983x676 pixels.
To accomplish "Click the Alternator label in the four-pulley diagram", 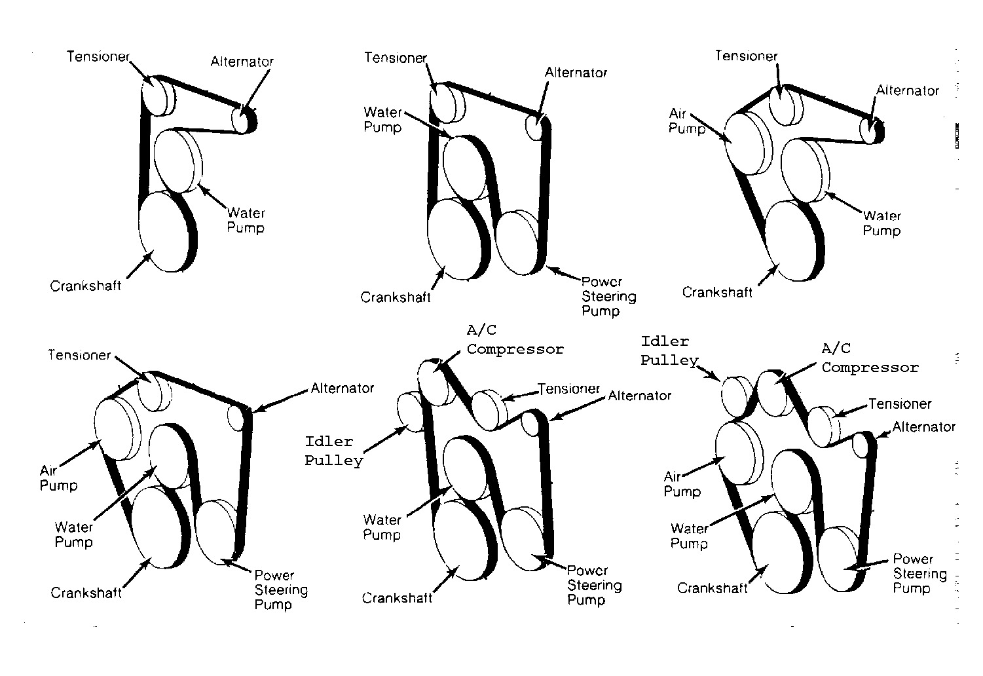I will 242,62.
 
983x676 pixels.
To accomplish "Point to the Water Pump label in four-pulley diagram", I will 246,221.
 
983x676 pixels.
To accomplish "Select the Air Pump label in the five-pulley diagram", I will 686,121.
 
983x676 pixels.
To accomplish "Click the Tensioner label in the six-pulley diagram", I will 79,355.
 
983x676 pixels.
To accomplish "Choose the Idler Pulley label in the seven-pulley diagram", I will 333,451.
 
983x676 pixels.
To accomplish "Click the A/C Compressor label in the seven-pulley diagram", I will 515,340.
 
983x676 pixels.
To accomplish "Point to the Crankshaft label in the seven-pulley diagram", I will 397,598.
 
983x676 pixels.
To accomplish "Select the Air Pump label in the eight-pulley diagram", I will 682,484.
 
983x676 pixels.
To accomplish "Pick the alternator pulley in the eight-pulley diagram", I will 861,446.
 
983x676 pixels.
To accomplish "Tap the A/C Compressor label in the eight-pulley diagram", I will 870,358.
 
